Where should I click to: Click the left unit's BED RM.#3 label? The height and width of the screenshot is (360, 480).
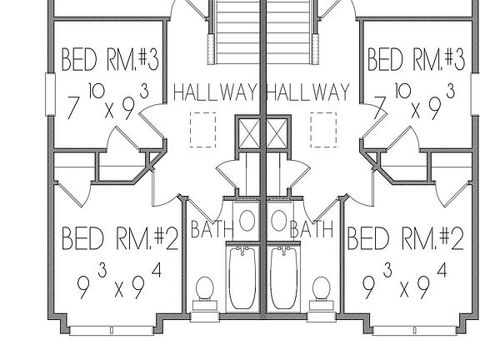pos(110,59)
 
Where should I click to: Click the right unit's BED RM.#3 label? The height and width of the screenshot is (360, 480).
pos(416,59)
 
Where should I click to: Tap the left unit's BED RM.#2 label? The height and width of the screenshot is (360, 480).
pos(120,238)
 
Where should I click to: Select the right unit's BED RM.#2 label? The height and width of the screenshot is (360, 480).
pos(406,238)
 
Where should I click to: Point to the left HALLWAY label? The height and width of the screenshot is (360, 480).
pos(216,92)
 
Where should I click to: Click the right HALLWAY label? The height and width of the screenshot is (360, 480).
pos(308,92)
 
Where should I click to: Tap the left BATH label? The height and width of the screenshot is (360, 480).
pos(212,229)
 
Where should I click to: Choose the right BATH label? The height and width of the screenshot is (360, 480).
pos(312,229)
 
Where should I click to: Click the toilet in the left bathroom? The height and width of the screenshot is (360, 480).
pos(205,294)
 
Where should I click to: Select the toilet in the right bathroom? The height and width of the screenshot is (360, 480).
pos(321,294)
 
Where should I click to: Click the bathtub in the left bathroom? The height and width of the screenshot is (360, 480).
pos(242,278)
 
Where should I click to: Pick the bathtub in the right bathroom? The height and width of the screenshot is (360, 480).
pos(284,278)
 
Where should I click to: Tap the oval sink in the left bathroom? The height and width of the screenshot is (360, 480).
pos(247,220)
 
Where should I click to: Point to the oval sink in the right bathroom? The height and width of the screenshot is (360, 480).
pos(279,220)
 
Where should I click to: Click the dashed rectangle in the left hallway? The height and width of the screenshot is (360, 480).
pos(202,130)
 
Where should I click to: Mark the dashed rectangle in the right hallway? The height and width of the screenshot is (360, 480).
pos(323,130)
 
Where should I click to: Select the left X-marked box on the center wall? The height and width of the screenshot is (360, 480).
pos(249,134)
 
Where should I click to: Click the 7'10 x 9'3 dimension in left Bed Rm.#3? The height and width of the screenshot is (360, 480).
pos(108,102)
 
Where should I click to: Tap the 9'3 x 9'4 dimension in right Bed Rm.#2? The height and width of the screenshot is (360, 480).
pos(404,282)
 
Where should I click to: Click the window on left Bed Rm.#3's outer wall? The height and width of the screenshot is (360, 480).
pos(50,94)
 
